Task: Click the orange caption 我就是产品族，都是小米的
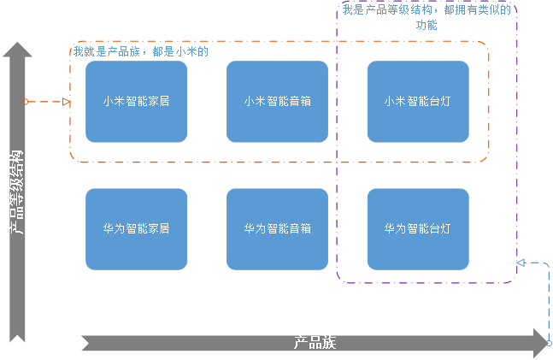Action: click(x=141, y=51)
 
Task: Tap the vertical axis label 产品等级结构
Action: click(x=17, y=192)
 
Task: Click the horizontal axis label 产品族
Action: click(x=315, y=343)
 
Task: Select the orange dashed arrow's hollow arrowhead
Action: click(x=67, y=102)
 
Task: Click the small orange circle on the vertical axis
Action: click(x=26, y=102)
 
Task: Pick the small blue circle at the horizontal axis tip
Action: click(x=549, y=343)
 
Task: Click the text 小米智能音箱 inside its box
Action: click(x=277, y=101)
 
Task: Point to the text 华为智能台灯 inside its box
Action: click(x=418, y=229)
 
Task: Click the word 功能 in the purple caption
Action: click(x=426, y=26)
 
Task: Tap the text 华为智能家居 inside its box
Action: click(x=136, y=229)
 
